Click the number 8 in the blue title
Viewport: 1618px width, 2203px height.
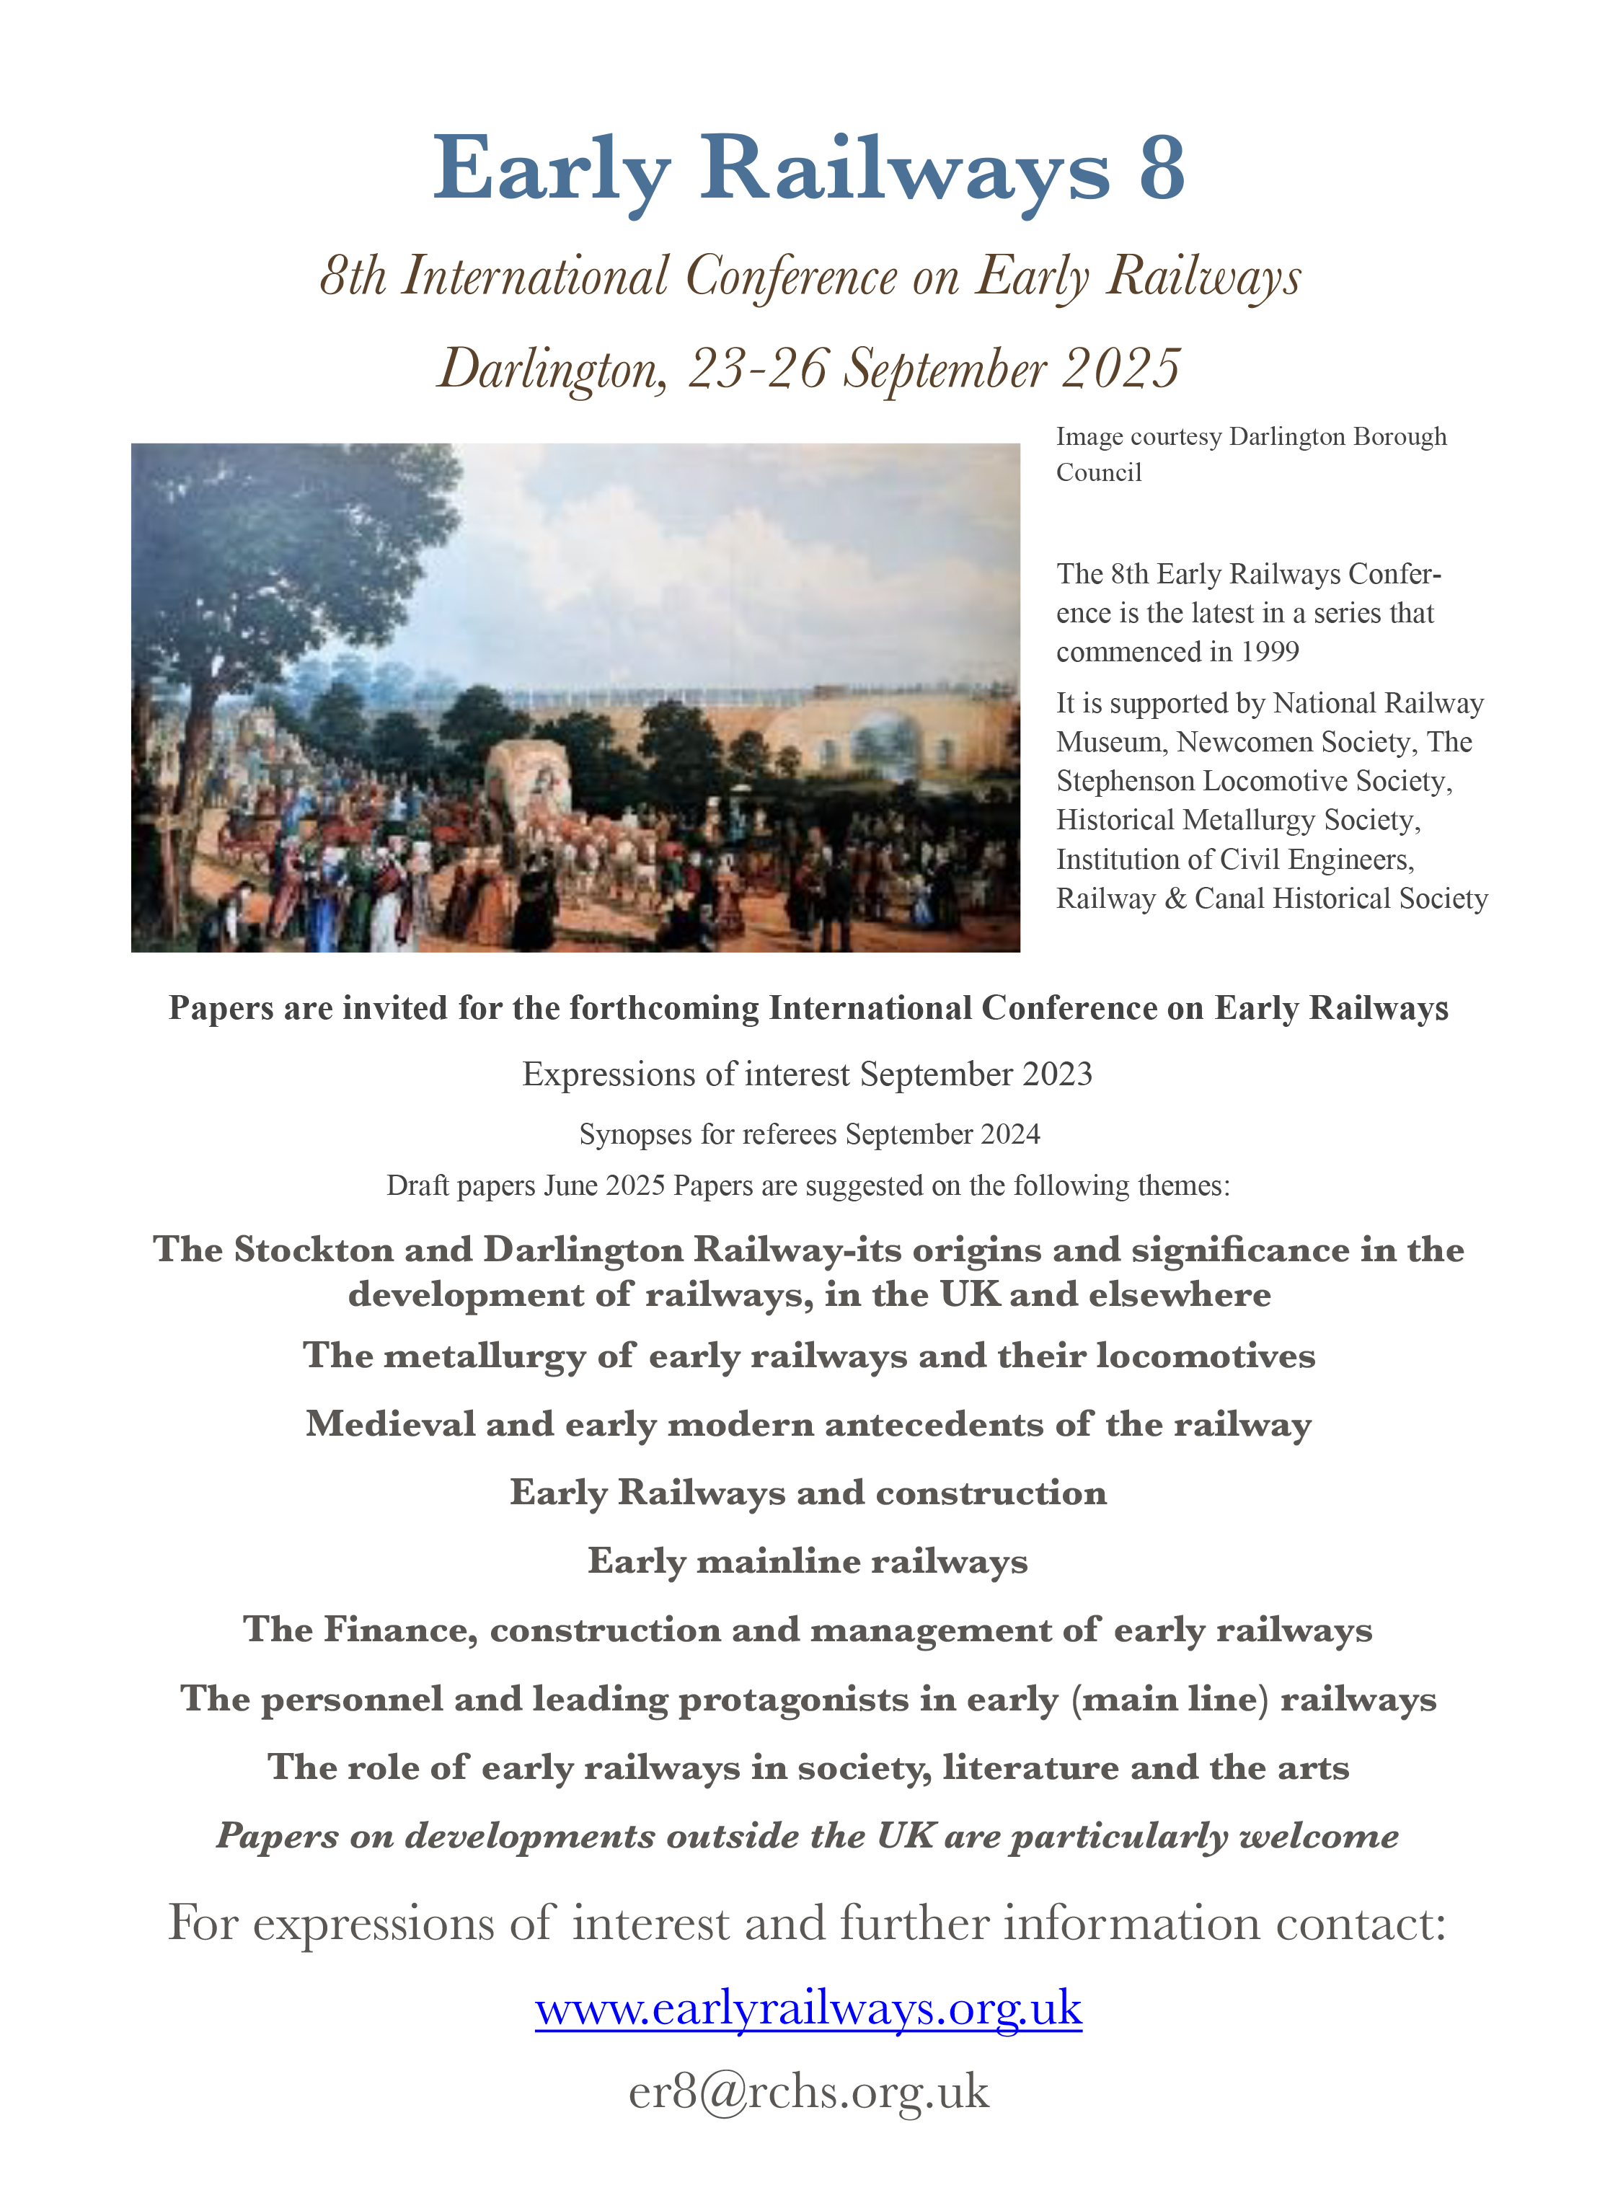(1162, 169)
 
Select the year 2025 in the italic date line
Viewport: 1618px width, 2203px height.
(1120, 369)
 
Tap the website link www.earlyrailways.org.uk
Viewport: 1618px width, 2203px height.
(808, 2008)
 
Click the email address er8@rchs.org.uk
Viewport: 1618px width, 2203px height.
(808, 2091)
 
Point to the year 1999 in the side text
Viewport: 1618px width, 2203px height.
(1269, 653)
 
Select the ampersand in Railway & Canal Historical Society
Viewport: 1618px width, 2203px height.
(1175, 899)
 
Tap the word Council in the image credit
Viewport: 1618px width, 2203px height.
(1098, 473)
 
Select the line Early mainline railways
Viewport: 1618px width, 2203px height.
(808, 1560)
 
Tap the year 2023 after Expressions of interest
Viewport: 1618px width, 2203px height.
(1057, 1074)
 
